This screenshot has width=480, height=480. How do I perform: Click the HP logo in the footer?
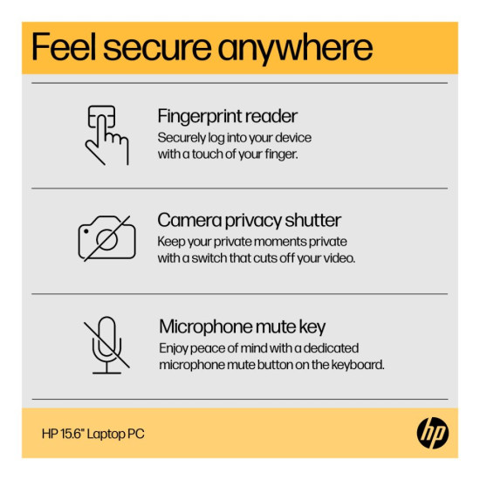[433, 433]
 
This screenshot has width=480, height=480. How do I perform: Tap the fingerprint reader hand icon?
[106, 135]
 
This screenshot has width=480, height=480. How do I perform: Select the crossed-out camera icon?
[106, 238]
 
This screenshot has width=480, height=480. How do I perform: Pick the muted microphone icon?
[106, 345]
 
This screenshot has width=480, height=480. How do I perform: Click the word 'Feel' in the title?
[64, 47]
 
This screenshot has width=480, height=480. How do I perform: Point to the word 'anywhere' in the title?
[295, 49]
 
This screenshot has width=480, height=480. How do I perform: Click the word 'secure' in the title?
[157, 48]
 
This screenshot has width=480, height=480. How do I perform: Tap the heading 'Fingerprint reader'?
[228, 116]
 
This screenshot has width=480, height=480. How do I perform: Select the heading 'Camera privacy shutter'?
[250, 221]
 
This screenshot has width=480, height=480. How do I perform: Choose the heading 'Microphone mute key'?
[242, 327]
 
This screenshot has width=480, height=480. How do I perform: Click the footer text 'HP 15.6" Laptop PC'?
[93, 434]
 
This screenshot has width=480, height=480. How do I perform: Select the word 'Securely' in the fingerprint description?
[182, 138]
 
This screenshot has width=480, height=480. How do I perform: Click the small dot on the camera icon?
[86, 231]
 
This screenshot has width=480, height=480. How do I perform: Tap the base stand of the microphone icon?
[106, 373]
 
